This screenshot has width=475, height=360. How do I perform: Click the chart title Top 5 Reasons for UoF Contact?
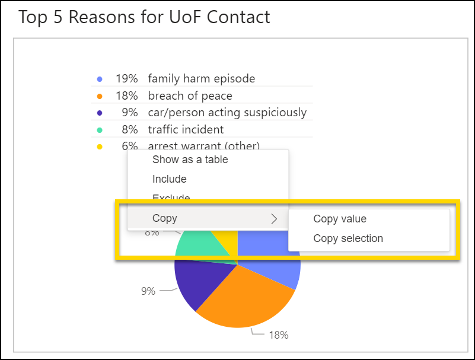pos(144,17)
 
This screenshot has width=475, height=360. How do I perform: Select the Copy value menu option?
pos(340,219)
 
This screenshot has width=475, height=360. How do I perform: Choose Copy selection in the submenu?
pos(348,238)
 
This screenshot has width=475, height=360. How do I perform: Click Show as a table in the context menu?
pos(190,159)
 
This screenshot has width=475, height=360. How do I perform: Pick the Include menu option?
pos(169,179)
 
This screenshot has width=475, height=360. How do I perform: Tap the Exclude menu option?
pos(171,197)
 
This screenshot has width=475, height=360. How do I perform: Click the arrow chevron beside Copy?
pos(274,218)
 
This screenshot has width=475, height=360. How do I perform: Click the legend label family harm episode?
pos(202,78)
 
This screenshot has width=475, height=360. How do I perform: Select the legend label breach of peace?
pos(190,95)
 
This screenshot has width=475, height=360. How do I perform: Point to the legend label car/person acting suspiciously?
pos(227,112)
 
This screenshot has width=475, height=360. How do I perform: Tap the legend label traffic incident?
pos(186,129)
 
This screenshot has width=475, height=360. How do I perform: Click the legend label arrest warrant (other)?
pos(203,146)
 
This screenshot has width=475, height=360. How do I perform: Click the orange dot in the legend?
pos(100,95)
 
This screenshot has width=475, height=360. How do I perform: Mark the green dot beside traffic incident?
pos(100,129)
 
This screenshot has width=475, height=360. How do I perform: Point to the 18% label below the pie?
pos(279,335)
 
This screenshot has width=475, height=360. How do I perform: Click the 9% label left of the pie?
pos(148,291)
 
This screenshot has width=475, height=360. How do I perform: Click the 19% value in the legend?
pos(126,78)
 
